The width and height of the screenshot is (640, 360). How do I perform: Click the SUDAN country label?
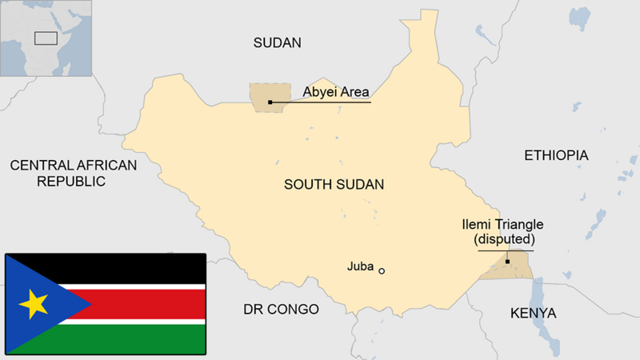pyautogui.click(x=277, y=43)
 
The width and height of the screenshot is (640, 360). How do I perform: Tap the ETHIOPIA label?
pyautogui.click(x=556, y=155)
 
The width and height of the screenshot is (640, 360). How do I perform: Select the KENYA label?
pyautogui.click(x=533, y=313)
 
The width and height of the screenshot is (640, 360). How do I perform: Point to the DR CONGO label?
pyautogui.click(x=281, y=310)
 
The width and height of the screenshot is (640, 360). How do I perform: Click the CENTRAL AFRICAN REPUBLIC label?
pyautogui.click(x=73, y=173)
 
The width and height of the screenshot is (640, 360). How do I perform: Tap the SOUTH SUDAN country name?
pyautogui.click(x=334, y=185)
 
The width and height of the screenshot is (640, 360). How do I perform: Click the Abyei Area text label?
pyautogui.click(x=336, y=92)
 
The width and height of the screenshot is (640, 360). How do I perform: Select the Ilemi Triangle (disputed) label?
pyautogui.click(x=503, y=231)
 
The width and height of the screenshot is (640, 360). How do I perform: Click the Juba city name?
pyautogui.click(x=360, y=266)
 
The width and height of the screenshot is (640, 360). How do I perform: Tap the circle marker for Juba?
pyautogui.click(x=382, y=271)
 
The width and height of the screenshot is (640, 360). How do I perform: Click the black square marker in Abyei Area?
pyautogui.click(x=270, y=102)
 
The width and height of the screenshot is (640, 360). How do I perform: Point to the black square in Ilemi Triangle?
pyautogui.click(x=507, y=262)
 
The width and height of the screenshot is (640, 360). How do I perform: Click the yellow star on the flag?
pyautogui.click(x=34, y=304)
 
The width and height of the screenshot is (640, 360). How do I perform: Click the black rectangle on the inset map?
pyautogui.click(x=46, y=37)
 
